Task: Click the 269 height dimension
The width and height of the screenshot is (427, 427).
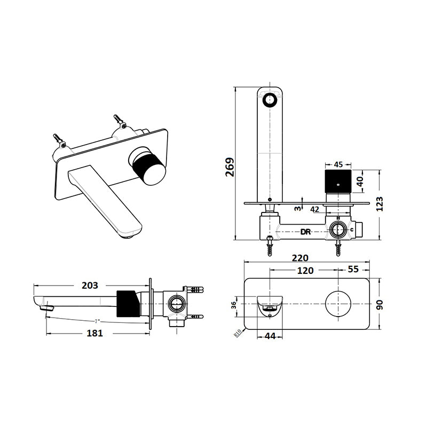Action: [228, 168]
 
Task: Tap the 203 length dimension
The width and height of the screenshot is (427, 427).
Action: [90, 285]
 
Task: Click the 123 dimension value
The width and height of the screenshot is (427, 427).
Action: [379, 204]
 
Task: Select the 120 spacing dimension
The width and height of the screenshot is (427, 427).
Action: [305, 270]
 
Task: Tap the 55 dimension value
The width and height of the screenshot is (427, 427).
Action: [353, 269]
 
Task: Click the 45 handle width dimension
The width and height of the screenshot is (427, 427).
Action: [338, 165]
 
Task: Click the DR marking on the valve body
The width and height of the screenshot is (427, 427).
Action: [306, 232]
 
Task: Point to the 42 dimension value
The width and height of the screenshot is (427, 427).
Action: [315, 210]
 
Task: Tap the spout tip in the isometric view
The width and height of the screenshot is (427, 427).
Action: [129, 231]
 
